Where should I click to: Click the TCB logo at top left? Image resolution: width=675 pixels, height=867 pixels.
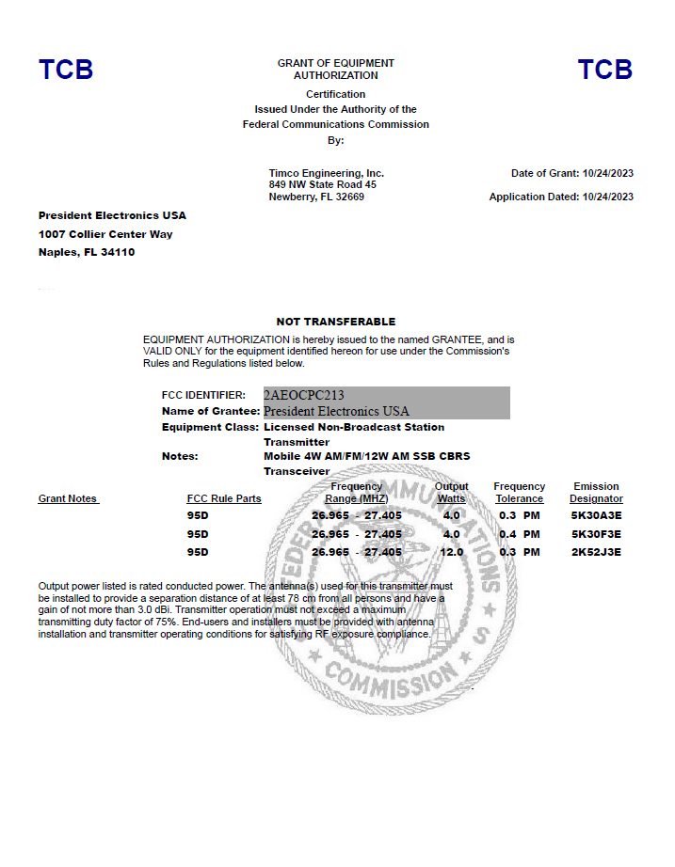pos(66,70)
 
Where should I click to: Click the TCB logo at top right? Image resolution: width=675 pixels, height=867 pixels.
pos(604,70)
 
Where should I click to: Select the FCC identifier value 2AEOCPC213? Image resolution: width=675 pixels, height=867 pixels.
pos(304,395)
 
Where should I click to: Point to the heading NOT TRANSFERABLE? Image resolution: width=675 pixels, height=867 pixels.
pos(336,322)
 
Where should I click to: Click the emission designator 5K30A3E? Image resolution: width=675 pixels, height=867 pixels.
pos(596,516)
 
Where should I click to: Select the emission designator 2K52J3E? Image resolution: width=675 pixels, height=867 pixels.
pos(596,552)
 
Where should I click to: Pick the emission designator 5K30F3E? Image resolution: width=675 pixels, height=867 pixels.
pos(596,534)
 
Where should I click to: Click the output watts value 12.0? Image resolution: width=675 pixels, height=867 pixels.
pos(453,552)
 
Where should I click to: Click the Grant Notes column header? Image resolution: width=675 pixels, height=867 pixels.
pos(68,498)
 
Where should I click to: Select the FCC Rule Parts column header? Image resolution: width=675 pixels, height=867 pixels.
pos(224,498)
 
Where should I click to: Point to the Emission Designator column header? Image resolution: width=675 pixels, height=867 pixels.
pos(596,493)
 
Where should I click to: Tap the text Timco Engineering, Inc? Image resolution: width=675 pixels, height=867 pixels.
pos(327,173)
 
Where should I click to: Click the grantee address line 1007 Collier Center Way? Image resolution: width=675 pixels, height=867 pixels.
pos(105,234)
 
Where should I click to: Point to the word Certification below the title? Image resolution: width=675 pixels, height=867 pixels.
pos(336,94)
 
